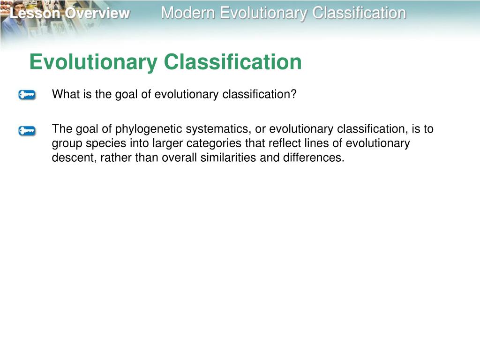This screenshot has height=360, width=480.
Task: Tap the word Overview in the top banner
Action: click(97, 14)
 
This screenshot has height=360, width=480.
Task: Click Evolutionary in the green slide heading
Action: click(93, 62)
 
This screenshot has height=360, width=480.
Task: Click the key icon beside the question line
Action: click(27, 95)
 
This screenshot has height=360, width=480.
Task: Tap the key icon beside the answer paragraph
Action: click(27, 131)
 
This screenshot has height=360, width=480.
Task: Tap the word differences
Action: click(312, 158)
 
